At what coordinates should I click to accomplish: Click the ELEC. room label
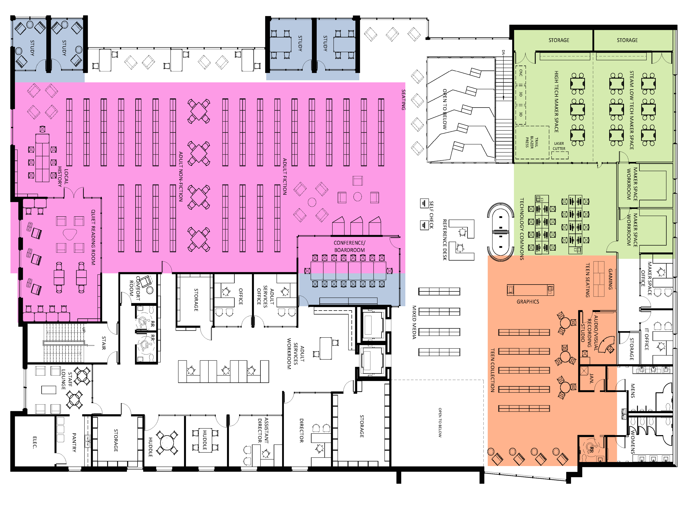coord(35,442)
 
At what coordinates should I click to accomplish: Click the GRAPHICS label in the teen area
coord(528,302)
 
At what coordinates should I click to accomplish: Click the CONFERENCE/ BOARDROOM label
coord(349,246)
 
